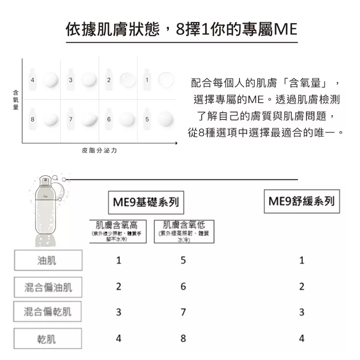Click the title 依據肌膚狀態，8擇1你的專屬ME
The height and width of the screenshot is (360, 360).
(181, 30)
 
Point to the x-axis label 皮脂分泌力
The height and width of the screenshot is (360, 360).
(99, 151)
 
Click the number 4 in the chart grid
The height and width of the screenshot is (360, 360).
(32, 80)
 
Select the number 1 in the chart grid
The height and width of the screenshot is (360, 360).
(147, 80)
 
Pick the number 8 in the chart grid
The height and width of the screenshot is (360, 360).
(32, 118)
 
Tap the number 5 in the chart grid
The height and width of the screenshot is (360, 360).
(147, 118)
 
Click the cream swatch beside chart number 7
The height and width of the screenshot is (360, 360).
(89, 118)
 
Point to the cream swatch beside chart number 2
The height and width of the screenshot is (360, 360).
(127, 79)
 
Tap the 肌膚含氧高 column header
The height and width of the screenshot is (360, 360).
(117, 231)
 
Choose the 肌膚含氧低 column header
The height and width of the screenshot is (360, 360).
(183, 231)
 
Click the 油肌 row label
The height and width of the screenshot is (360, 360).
(47, 261)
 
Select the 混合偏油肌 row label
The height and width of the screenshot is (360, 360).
(48, 287)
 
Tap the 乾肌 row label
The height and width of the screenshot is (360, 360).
(47, 338)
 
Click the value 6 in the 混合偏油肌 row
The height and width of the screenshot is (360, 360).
(183, 287)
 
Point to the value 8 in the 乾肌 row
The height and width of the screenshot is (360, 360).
(183, 338)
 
